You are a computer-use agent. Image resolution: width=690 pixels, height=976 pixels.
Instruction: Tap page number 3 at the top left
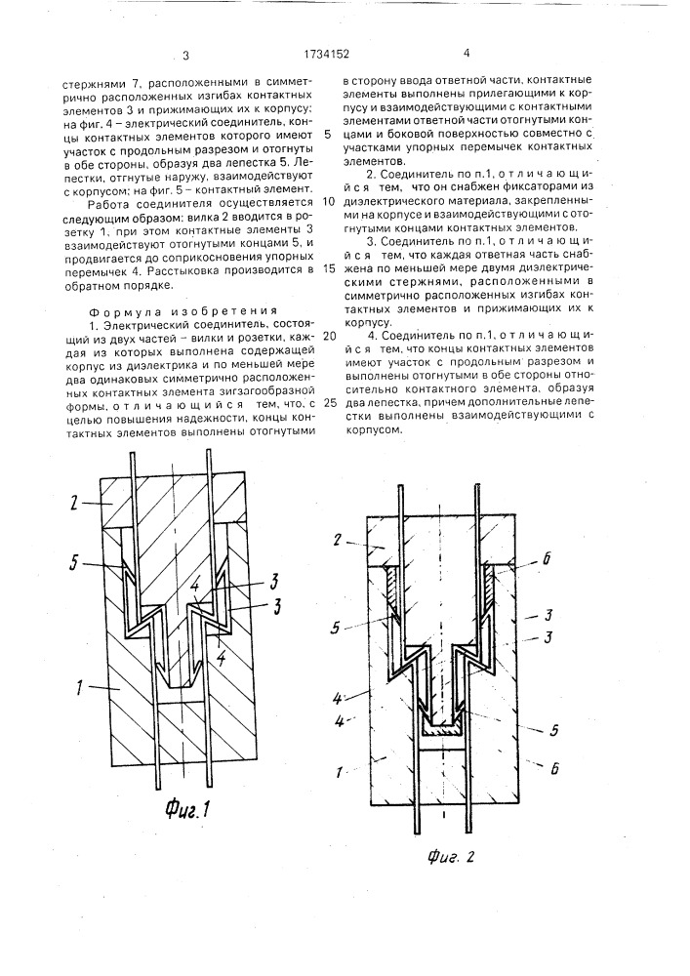click(x=184, y=56)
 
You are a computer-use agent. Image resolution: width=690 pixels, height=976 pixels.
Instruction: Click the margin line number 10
click(x=328, y=200)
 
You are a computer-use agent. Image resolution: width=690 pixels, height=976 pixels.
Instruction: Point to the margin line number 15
click(x=328, y=266)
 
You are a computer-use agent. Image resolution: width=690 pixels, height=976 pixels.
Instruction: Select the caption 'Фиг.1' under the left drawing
click(x=186, y=807)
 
